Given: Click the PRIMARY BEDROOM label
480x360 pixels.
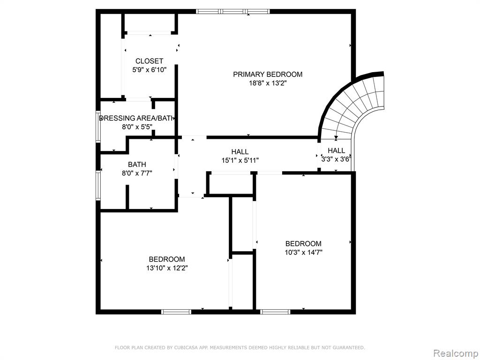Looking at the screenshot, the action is (268, 75).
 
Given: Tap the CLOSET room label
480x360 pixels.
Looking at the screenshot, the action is (150, 61).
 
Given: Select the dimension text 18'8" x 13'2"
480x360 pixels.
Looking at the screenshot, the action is (268, 83).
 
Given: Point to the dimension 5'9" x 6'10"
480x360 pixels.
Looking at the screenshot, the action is (150, 70).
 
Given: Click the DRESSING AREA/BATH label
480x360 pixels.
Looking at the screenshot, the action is (137, 118).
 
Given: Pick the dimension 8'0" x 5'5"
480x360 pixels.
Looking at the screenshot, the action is (137, 127).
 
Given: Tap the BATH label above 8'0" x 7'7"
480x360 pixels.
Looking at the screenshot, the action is (137, 165).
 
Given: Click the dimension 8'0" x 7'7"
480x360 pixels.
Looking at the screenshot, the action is (137, 173).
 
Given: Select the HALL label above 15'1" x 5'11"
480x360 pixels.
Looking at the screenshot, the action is (240, 152).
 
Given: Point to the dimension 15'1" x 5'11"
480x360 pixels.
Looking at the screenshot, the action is (240, 160).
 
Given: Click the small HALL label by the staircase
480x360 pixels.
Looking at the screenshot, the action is (337, 150).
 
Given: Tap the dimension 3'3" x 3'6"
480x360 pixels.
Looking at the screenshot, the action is (336, 159).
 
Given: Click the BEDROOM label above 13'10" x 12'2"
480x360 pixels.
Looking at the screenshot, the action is (167, 259).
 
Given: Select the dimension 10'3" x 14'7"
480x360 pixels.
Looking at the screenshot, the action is (303, 253).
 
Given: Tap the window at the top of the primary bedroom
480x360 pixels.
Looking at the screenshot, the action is (233, 12).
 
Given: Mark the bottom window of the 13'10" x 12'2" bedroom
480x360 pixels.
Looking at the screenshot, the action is (176, 312).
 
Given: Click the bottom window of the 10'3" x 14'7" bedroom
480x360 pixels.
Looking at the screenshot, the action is (275, 312).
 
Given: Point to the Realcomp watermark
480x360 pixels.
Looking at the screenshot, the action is (455, 353).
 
